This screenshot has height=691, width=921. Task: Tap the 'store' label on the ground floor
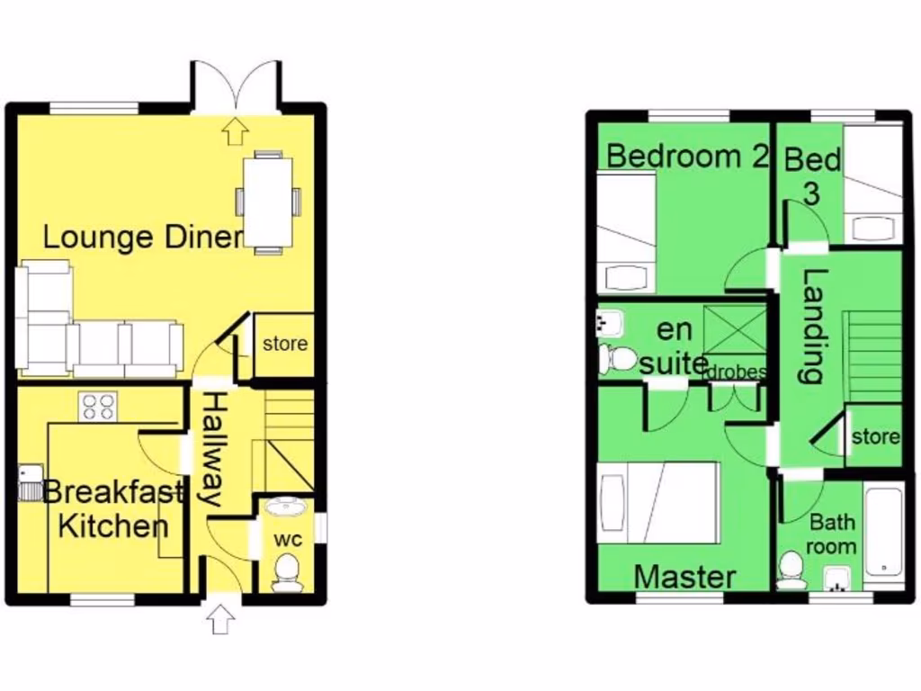pyautogui.click(x=284, y=344)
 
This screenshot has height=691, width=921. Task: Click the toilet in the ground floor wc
pyautogui.click(x=287, y=571)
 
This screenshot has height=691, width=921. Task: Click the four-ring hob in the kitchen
pyautogui.click(x=98, y=408)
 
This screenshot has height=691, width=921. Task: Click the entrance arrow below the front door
pyautogui.click(x=221, y=619)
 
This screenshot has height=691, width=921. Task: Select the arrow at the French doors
pyautogui.click(x=236, y=132)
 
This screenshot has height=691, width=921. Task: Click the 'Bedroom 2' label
pyautogui.click(x=687, y=156)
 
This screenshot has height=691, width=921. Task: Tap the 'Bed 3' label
pyautogui.click(x=811, y=175)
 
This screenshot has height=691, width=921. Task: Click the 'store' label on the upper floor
pyautogui.click(x=874, y=437)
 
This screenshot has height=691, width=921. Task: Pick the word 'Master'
pyautogui.click(x=684, y=577)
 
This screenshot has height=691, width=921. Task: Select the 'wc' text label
pyautogui.click(x=288, y=539)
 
